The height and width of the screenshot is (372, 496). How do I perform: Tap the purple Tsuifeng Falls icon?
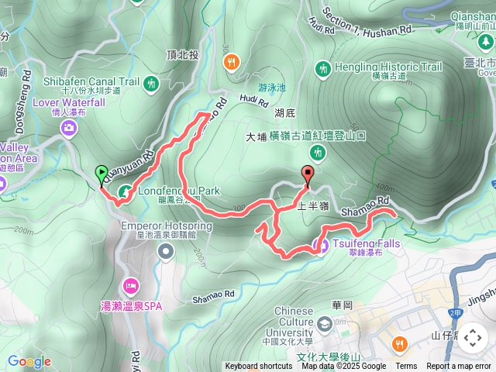point(319,246)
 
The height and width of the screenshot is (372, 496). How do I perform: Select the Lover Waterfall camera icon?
point(70,127)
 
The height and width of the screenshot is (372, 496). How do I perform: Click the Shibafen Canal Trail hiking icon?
point(151,81)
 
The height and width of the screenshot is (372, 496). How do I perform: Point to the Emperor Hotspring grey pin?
point(166,250)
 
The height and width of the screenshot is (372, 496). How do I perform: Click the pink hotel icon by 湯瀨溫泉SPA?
point(130,285)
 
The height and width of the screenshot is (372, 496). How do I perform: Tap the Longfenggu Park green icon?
point(126,191)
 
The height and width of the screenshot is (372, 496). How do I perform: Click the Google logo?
point(29,361)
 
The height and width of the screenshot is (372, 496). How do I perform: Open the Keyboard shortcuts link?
point(259,367)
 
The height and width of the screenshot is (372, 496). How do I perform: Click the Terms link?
point(406,367)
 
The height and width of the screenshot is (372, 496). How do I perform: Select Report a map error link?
point(460,367)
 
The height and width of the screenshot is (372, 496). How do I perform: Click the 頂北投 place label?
point(182,55)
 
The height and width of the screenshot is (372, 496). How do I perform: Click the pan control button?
point(472,338)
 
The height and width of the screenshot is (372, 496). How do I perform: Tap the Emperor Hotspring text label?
point(167,226)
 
